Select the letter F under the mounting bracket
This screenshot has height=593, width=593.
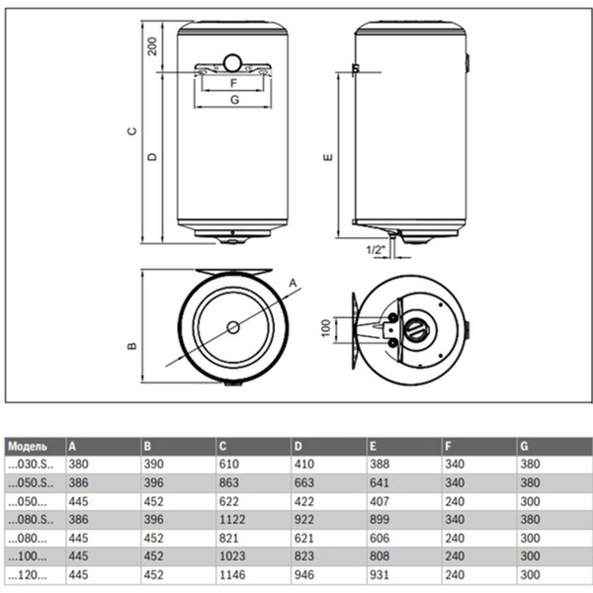(x=233, y=83)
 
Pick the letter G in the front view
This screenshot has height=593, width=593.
(x=233, y=100)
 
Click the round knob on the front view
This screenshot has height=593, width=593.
(x=233, y=59)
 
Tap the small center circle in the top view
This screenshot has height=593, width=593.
(x=233, y=327)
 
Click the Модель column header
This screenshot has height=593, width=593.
(x=31, y=447)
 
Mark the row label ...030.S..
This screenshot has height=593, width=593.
(x=29, y=466)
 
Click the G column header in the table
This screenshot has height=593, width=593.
(x=523, y=447)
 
